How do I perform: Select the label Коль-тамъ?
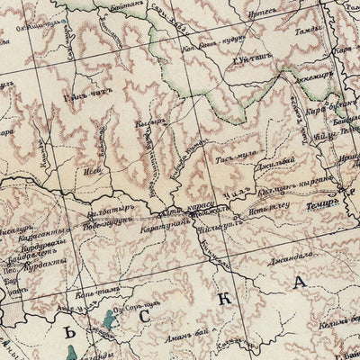pyautogui.click(x=103, y=291)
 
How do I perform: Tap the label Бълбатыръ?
pyautogui.click(x=109, y=215)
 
